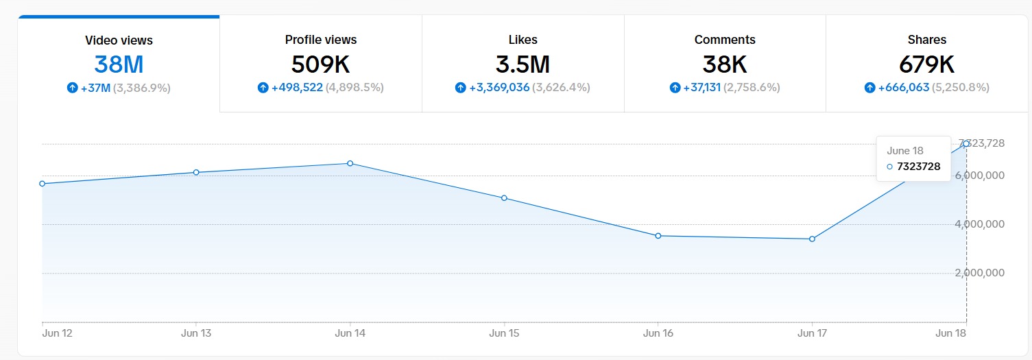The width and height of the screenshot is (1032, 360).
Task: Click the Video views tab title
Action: (x=119, y=40)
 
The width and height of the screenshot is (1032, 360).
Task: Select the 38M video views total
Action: (x=119, y=64)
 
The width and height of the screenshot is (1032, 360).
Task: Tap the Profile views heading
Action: (x=321, y=40)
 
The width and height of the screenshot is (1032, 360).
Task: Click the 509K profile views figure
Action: (x=321, y=64)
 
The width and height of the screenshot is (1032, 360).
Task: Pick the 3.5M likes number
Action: (x=523, y=64)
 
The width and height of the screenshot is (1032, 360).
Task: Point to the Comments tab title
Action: (x=725, y=40)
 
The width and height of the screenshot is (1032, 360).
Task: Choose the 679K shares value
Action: (x=926, y=64)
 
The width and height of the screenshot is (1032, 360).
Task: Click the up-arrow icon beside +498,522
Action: (x=263, y=88)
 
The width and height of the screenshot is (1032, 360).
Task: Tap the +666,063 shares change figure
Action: (x=904, y=88)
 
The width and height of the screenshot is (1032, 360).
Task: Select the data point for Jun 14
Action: (x=350, y=163)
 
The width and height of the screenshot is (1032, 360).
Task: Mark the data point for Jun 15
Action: (x=504, y=198)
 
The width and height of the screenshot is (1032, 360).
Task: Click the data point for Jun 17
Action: (x=812, y=239)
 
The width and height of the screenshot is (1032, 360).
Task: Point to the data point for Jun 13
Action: (x=196, y=172)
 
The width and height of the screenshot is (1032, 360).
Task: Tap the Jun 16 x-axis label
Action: (x=658, y=334)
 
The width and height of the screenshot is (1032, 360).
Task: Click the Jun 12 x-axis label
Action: (x=57, y=334)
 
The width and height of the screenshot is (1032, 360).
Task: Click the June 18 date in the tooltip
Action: (x=905, y=151)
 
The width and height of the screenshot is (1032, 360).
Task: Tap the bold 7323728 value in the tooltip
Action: (x=918, y=167)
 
